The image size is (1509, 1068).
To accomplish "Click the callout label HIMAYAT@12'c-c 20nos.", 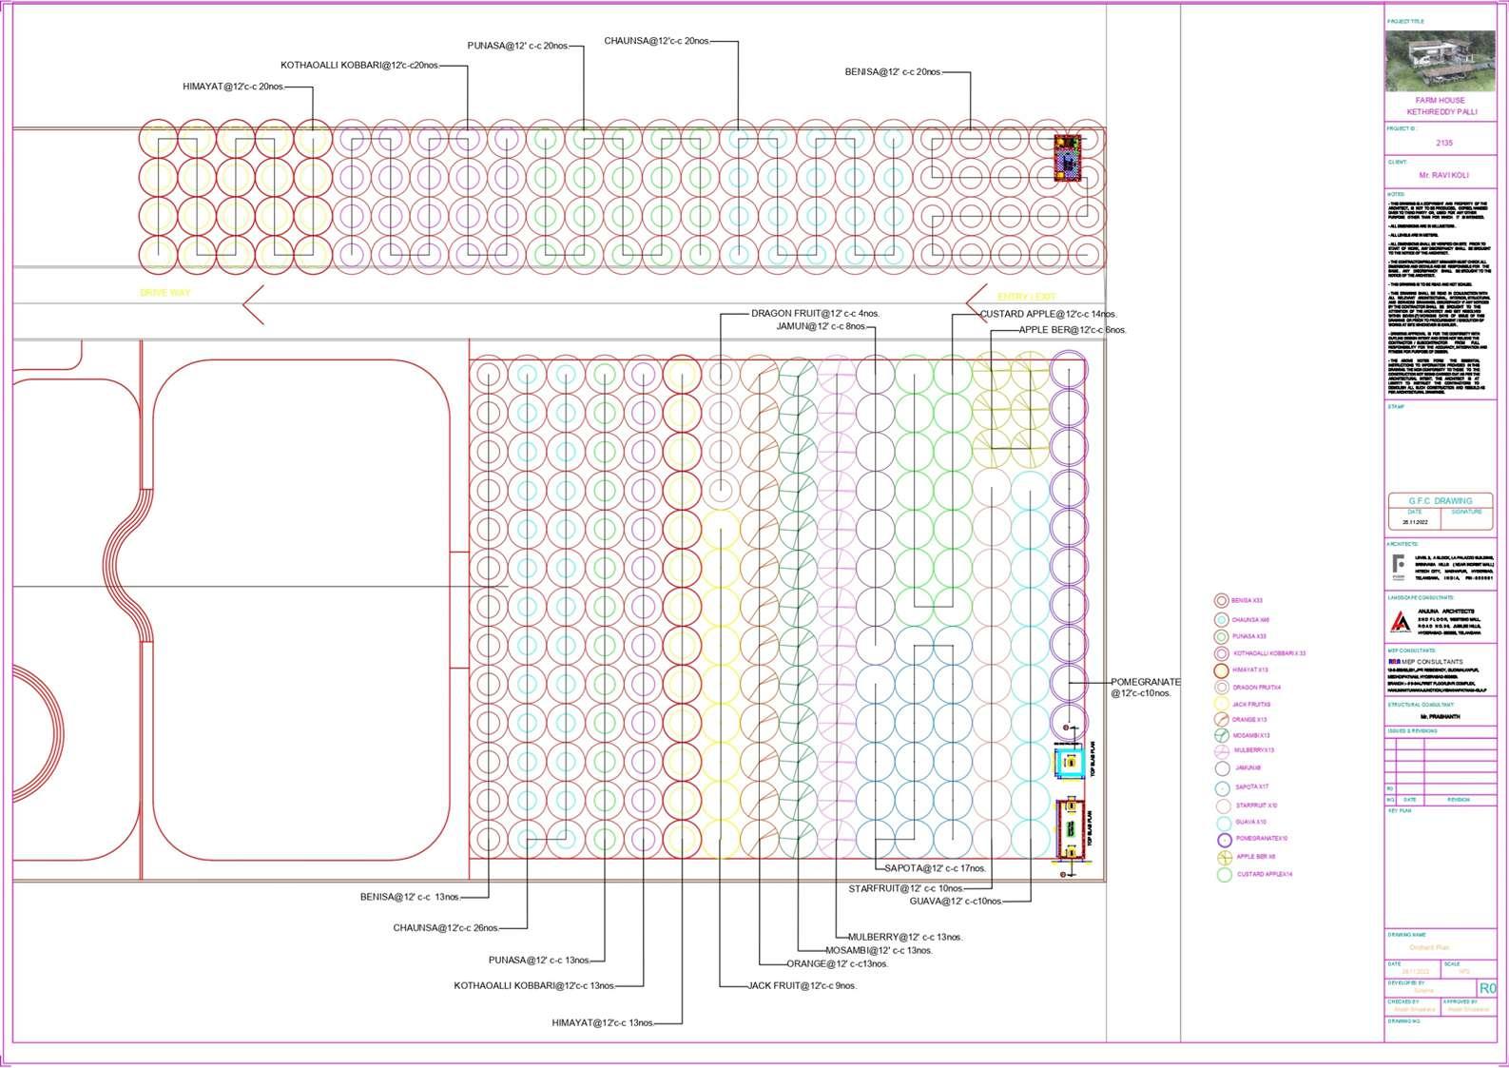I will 233,87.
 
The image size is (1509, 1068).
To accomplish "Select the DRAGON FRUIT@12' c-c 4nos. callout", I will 815,314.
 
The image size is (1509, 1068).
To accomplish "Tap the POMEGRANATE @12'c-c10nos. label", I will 1145,688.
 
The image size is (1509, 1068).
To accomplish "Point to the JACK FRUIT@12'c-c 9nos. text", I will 802,986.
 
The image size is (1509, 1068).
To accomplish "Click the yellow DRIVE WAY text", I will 165,293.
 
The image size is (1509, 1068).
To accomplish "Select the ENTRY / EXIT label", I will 1026,297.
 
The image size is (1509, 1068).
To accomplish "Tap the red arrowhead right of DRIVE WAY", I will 252,304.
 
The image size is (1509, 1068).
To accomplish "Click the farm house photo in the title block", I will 1440,61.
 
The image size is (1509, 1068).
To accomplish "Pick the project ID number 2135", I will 1444,143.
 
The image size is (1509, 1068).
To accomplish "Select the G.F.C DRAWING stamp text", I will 1440,500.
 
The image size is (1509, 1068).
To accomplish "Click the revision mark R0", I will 1487,988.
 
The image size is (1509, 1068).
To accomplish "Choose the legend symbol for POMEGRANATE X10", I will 1223,840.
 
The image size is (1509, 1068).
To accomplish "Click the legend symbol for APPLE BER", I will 1223,857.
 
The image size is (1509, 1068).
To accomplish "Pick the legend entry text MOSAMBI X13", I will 1251,735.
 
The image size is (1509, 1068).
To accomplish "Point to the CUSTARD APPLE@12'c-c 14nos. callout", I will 1048,314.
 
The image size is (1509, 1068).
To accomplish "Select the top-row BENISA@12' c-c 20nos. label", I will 892,72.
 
